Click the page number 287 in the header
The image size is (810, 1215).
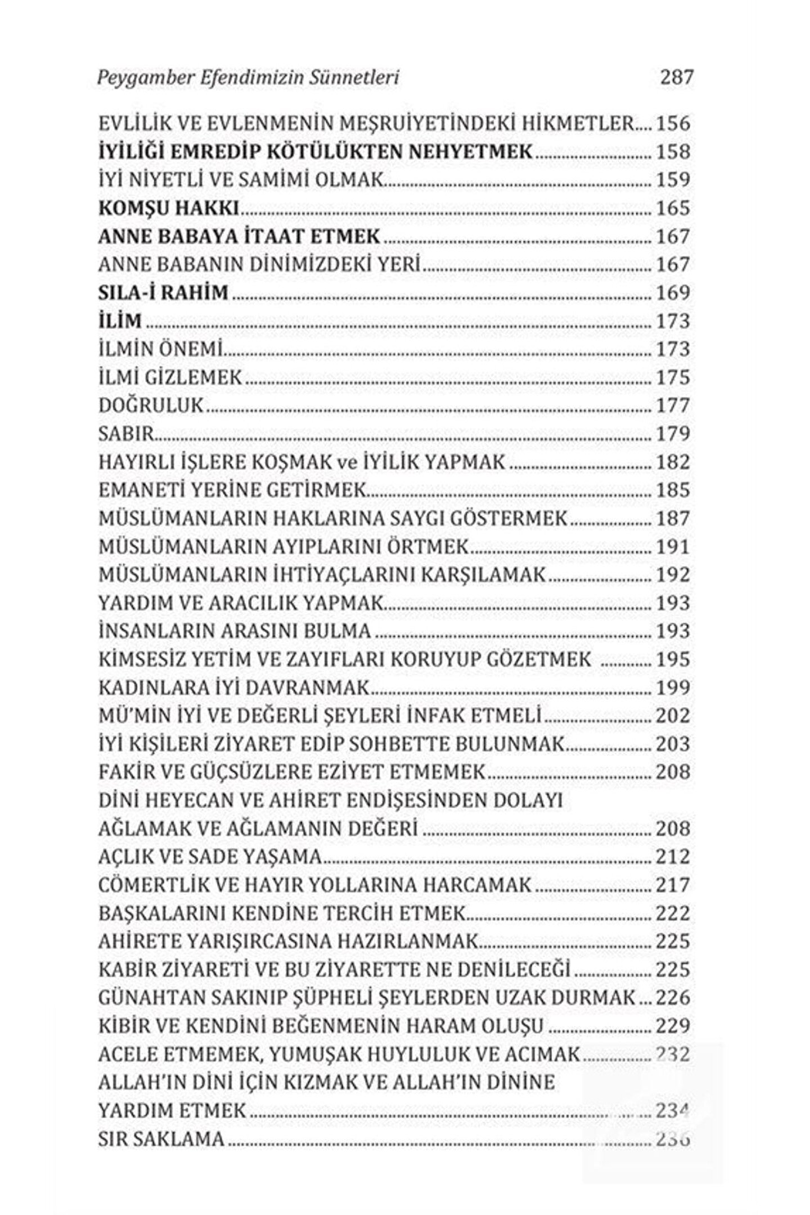tap(677, 77)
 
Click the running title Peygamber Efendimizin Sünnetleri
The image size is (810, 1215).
tap(248, 78)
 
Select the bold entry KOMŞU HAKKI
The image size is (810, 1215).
tap(169, 209)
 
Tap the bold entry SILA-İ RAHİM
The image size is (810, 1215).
tap(163, 293)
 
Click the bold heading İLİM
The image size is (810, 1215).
tap(120, 321)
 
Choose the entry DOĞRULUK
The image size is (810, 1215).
tap(151, 406)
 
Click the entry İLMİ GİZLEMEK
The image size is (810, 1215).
tap(170, 378)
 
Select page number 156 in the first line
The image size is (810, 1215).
tap(673, 124)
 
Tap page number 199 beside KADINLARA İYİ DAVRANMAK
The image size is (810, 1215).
tap(673, 688)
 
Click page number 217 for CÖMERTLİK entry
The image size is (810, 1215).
tap(673, 885)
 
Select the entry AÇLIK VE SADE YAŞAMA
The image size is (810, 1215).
tap(210, 857)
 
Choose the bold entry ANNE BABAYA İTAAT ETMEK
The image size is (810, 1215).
tap(239, 237)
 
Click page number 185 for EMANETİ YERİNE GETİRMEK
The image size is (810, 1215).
tap(673, 490)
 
